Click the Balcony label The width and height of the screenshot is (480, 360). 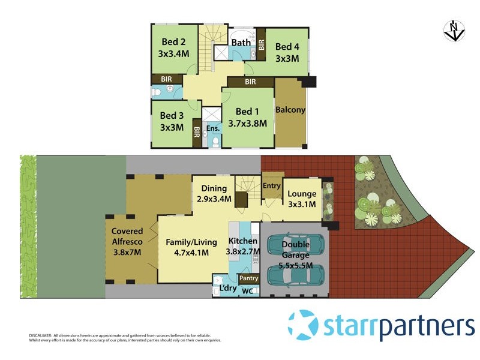coord(290,110)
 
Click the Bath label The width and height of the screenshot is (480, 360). coord(241,42)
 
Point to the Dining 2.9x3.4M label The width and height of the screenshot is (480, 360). coord(214,194)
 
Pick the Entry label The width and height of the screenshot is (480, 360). coord(272,186)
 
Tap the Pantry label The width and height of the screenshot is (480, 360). coord(248,278)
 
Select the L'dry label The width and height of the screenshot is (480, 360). coord(228,289)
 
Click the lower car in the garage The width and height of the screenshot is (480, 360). coord(296,275)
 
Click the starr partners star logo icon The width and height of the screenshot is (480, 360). coord(303,325)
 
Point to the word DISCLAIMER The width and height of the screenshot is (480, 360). coord(40,335)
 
